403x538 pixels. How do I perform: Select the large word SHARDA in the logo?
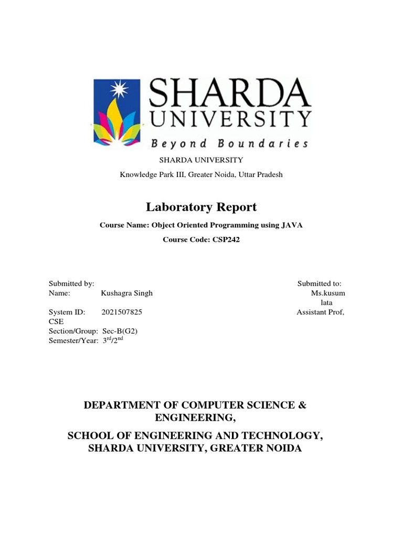click(x=230, y=92)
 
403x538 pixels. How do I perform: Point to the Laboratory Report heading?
click(x=201, y=207)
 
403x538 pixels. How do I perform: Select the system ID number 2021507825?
click(x=121, y=312)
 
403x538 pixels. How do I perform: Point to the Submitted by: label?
click(x=71, y=284)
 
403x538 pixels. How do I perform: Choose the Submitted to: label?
click(x=320, y=284)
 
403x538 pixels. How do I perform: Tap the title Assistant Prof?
click(x=321, y=312)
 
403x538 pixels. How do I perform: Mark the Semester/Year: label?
click(x=73, y=340)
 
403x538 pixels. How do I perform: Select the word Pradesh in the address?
click(x=268, y=174)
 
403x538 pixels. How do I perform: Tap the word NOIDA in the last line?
click(x=283, y=449)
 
